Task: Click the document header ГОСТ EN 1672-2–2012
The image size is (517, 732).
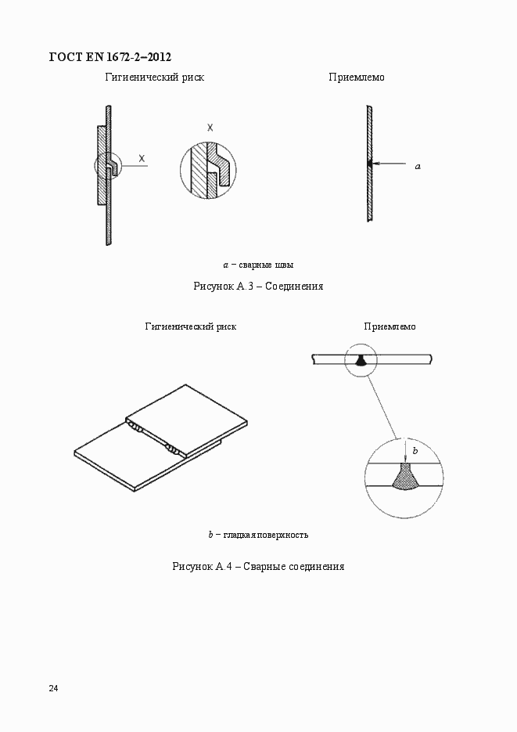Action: click(x=110, y=56)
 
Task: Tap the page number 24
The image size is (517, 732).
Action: click(x=53, y=688)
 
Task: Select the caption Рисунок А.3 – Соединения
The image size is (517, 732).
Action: click(x=258, y=287)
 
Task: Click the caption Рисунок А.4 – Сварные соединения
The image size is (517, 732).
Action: click(x=258, y=566)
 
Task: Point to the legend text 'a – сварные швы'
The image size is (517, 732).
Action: click(x=258, y=265)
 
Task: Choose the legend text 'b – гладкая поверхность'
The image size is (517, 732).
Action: click(x=258, y=535)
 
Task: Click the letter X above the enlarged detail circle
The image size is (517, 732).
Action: click(x=210, y=127)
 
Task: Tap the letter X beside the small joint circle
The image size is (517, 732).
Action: click(x=142, y=158)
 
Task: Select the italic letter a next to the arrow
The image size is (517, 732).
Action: click(x=417, y=166)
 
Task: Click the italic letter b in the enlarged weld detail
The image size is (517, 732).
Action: click(x=415, y=452)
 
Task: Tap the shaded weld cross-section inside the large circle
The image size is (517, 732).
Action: click(x=405, y=477)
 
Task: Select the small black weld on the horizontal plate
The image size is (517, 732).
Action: click(x=361, y=360)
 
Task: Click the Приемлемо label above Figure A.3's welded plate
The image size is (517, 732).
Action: click(x=357, y=78)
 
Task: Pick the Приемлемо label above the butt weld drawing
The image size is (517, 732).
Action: click(x=390, y=326)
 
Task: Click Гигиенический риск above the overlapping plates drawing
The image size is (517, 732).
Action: click(x=190, y=326)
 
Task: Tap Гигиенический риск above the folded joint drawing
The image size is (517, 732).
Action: click(x=155, y=78)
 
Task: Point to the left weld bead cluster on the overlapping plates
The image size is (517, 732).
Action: click(x=135, y=427)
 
